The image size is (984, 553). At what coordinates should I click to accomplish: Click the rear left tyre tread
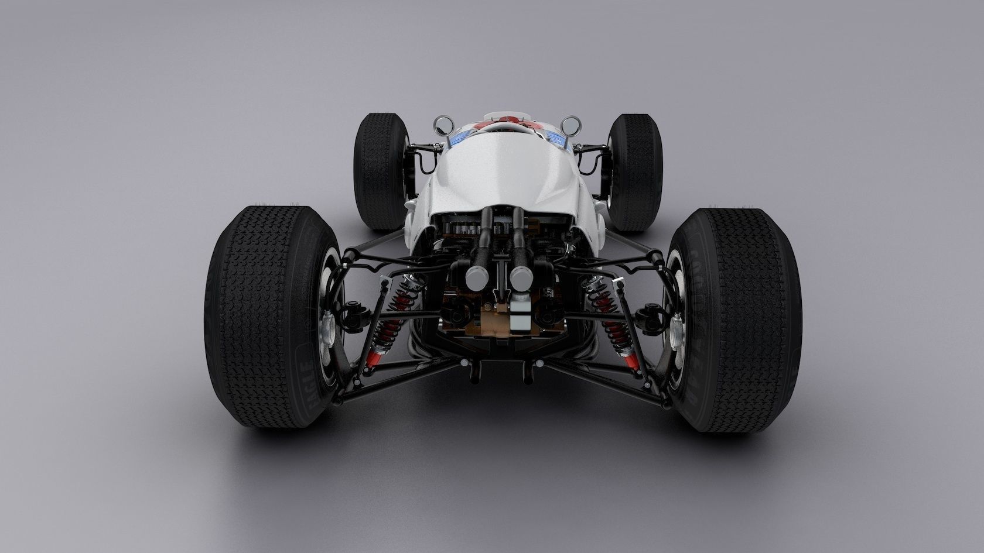click(x=266, y=316)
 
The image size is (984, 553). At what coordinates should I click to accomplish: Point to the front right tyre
click(x=634, y=170)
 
